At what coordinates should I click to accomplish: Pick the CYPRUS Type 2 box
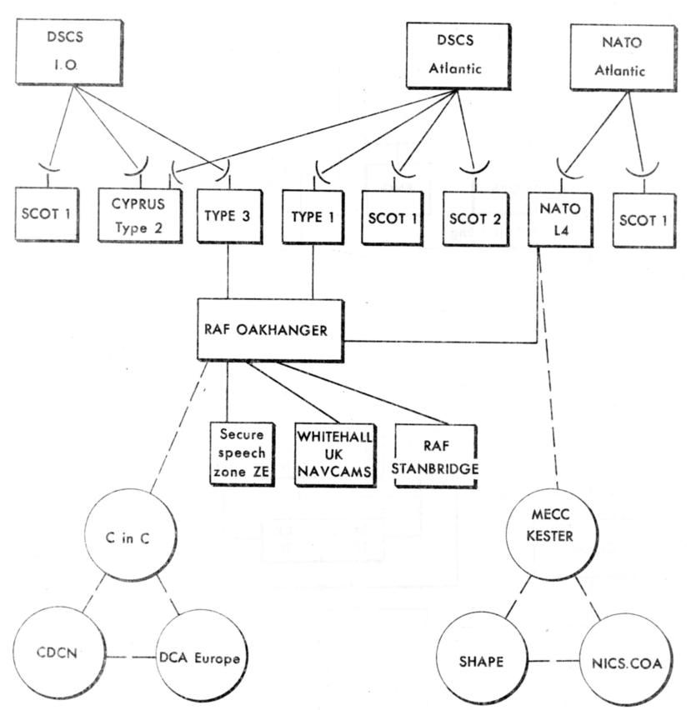(139, 216)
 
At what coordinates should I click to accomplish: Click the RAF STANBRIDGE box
(437, 455)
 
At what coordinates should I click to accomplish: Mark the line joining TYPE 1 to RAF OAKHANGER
(314, 272)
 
